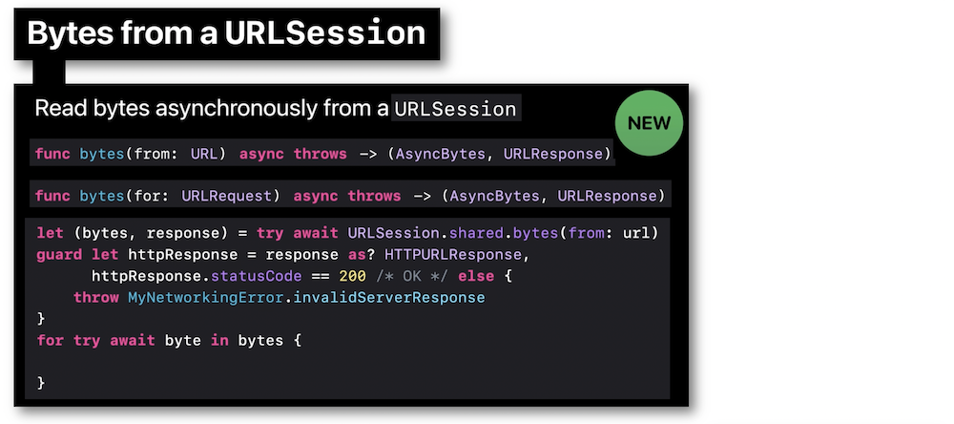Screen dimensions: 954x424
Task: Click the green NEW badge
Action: pos(649,123)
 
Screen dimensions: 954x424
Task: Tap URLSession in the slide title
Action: pos(325,33)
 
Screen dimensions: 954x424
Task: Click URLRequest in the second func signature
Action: pos(227,196)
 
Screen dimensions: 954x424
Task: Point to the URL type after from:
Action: pos(204,154)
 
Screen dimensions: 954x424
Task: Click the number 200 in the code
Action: pos(352,276)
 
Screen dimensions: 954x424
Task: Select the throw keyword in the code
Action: pos(95,298)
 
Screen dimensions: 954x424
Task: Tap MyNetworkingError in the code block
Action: pos(204,298)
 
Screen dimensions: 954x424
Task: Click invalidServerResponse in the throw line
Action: pos(384,298)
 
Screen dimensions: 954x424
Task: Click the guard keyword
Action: pos(59,255)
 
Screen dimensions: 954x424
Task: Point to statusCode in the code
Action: pos(256,276)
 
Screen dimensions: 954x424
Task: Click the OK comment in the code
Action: pos(412,276)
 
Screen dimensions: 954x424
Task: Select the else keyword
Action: pos(476,276)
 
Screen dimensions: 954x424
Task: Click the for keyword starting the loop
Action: pos(50,340)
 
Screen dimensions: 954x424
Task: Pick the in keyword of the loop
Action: pos(219,340)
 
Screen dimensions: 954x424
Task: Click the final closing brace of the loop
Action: pos(41,383)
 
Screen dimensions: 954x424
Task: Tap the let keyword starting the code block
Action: pos(50,233)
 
